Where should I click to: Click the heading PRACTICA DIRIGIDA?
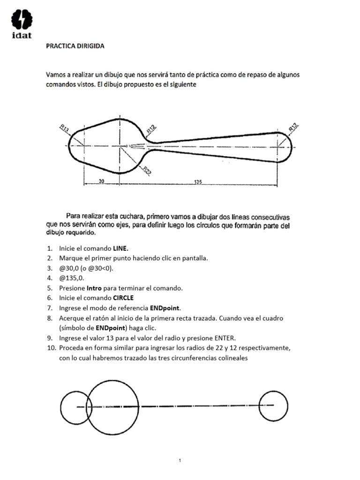coord(75,46)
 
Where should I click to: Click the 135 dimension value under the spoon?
coord(197,181)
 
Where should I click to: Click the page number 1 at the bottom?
coord(180,448)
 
